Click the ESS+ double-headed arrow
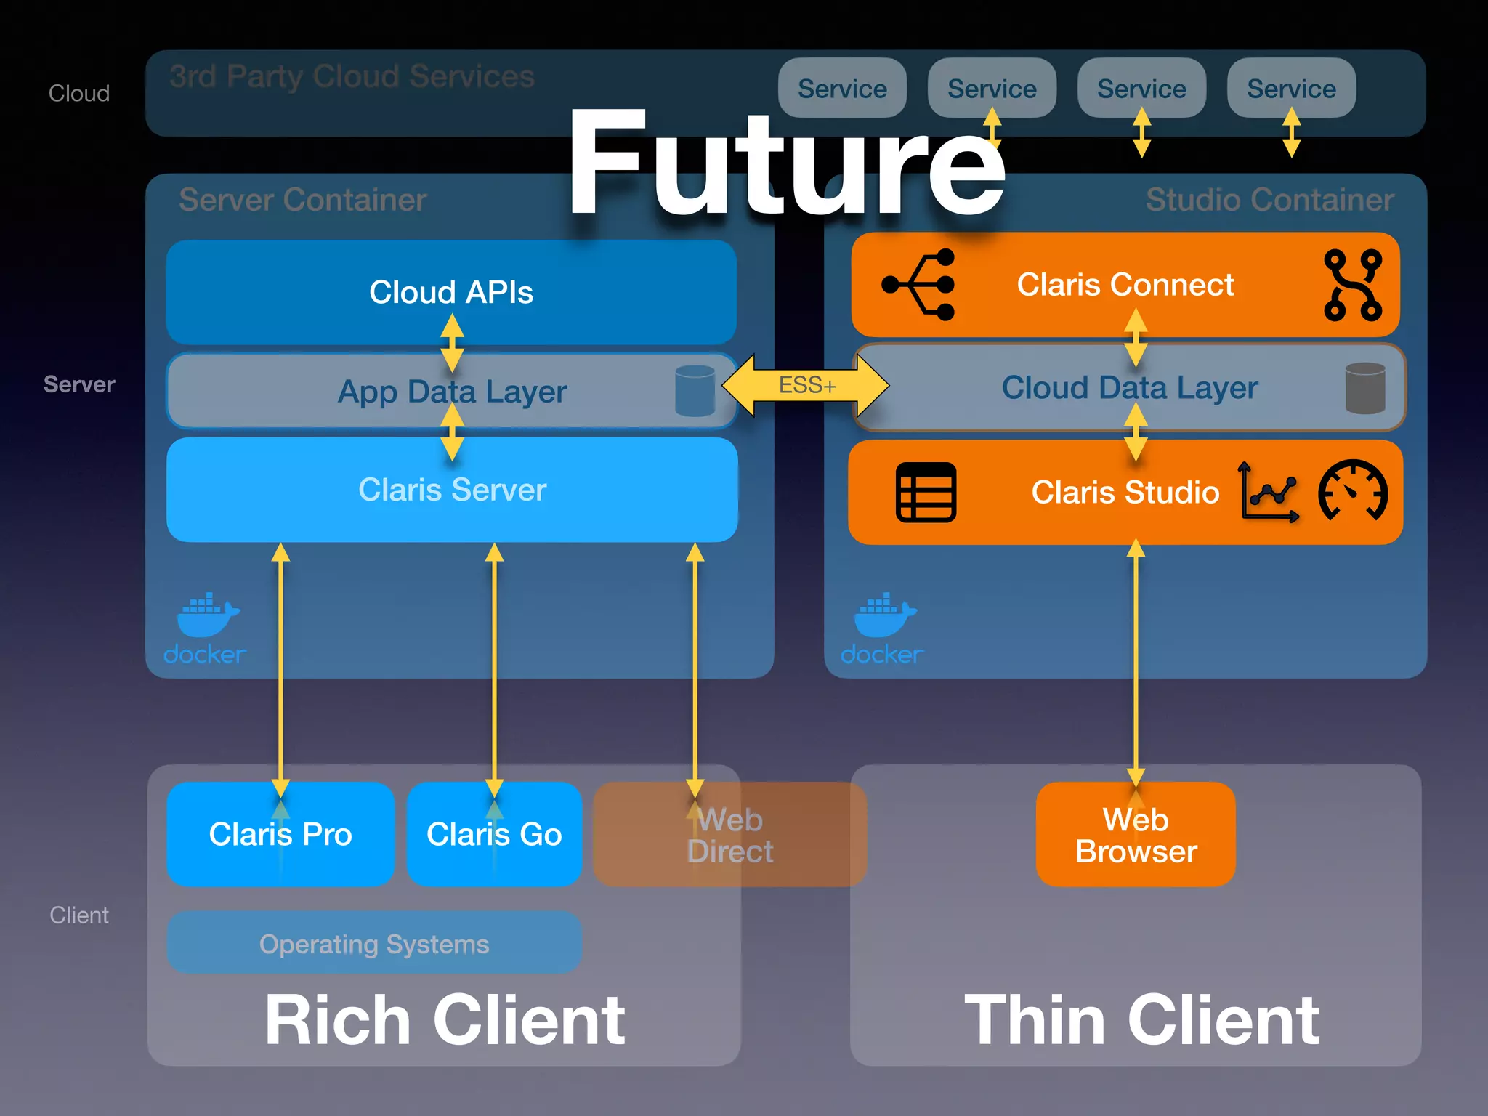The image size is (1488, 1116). pyautogui.click(x=805, y=385)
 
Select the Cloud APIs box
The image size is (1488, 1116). pyautogui.click(x=450, y=292)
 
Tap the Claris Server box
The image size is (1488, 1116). pyautogui.click(x=452, y=490)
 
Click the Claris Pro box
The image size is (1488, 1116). pyautogui.click(x=280, y=834)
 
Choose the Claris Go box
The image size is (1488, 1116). pyautogui.click(x=494, y=834)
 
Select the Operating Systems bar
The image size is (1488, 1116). pyautogui.click(x=374, y=944)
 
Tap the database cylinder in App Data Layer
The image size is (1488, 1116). pyautogui.click(x=695, y=391)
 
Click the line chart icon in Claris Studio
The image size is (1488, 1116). pyautogui.click(x=1268, y=493)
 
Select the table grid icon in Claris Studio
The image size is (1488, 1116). pyautogui.click(x=926, y=493)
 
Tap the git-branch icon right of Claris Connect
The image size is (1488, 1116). pyautogui.click(x=1352, y=285)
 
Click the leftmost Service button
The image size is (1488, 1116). pyautogui.click(x=842, y=89)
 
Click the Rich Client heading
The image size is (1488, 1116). pyautogui.click(x=444, y=1020)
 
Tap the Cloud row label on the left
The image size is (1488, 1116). pyautogui.click(x=78, y=94)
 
